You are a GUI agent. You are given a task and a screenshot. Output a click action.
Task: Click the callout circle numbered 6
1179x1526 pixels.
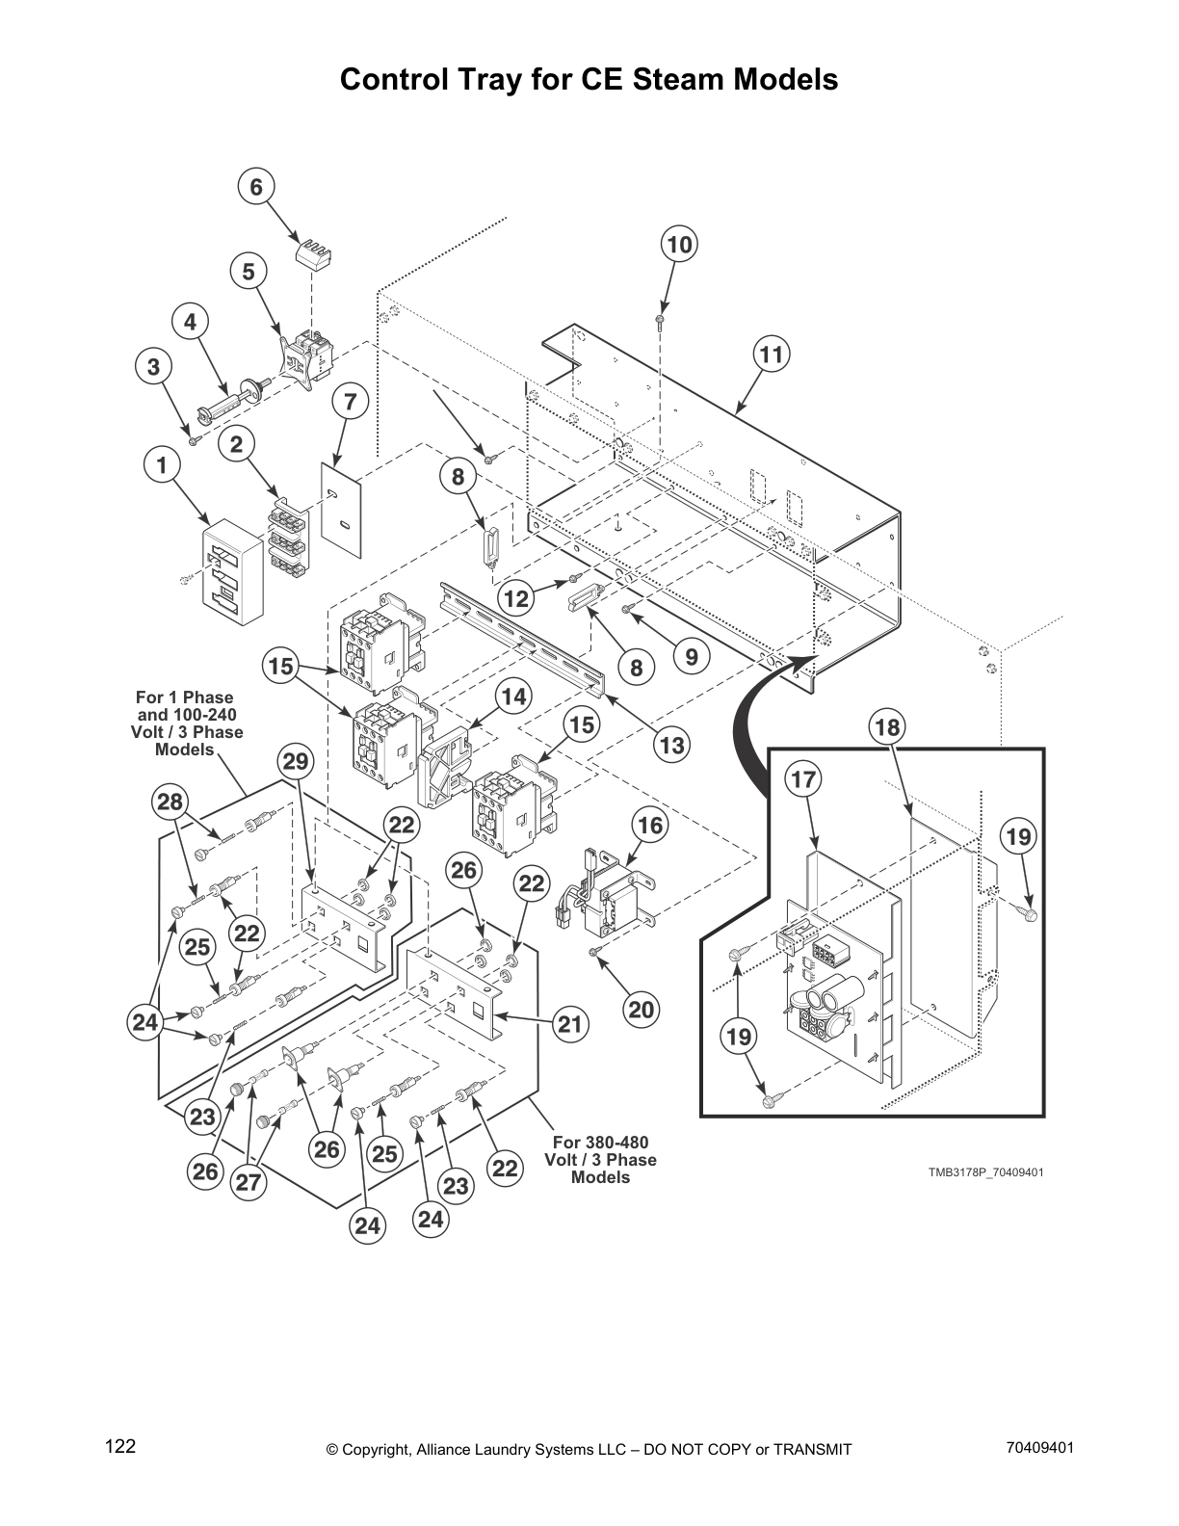[256, 187]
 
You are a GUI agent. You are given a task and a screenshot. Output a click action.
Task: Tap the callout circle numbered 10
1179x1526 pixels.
[679, 245]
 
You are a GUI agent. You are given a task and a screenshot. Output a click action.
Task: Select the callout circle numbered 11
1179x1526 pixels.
[772, 355]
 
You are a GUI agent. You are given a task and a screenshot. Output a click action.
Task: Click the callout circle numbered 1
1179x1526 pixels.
[162, 465]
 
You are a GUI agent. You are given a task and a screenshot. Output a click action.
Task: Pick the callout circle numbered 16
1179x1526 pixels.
[651, 825]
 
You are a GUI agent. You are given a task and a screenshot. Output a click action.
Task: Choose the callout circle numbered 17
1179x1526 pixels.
[803, 779]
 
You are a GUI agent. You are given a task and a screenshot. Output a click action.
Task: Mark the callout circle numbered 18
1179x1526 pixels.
[887, 727]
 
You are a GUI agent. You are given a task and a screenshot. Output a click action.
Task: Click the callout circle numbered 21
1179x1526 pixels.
[571, 1024]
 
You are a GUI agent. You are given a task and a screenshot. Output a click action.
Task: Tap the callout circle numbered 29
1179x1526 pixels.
[297, 762]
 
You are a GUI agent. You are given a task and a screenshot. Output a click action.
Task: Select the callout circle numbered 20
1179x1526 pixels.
[641, 1009]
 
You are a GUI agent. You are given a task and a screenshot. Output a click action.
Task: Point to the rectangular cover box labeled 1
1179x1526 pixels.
[232, 564]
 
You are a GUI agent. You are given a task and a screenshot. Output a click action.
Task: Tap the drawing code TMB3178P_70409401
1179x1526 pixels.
[985, 1172]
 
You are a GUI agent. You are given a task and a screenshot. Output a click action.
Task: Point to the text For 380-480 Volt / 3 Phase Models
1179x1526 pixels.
[600, 1160]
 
